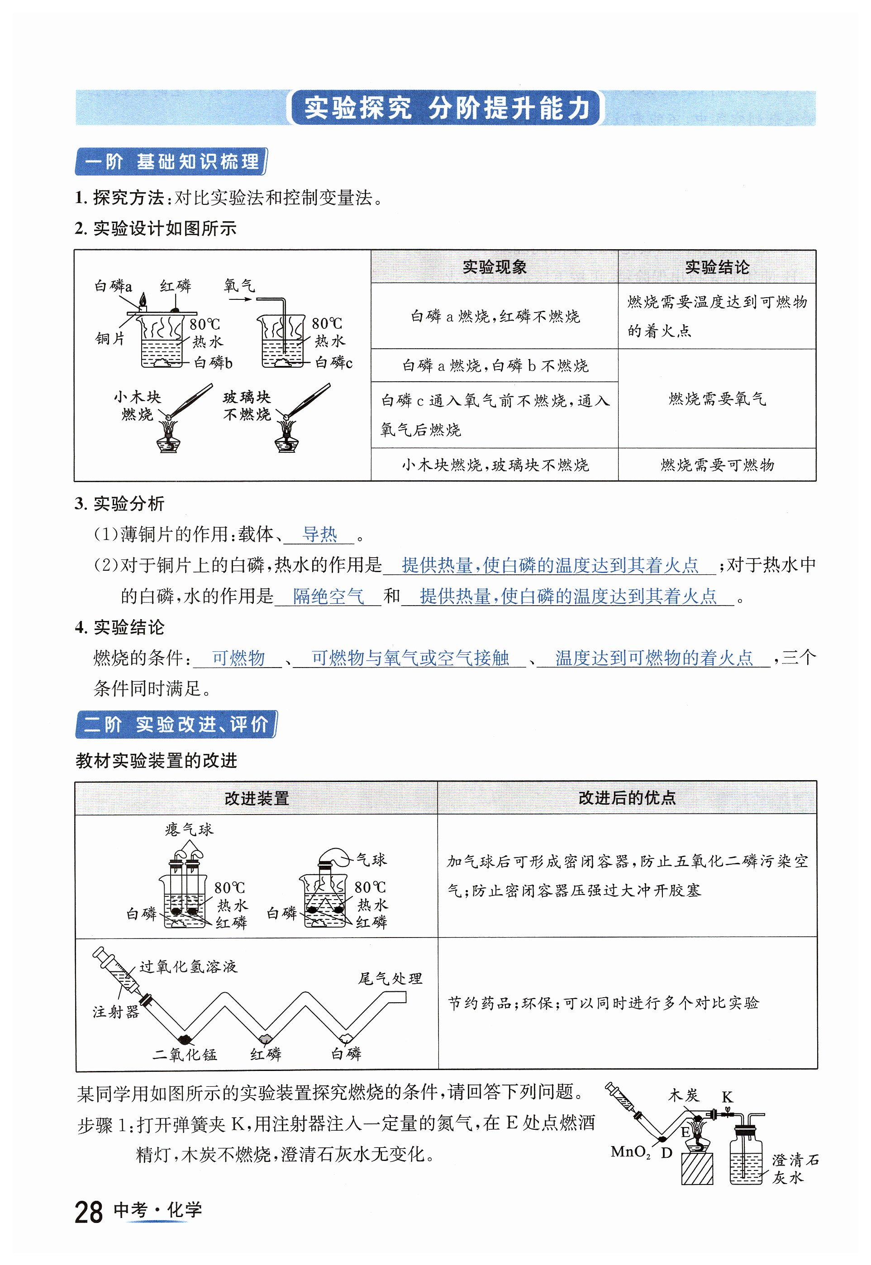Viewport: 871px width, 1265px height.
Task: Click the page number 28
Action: [x=88, y=1212]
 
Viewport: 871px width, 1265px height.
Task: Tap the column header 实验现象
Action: [x=494, y=267]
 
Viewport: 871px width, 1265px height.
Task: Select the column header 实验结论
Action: [x=717, y=267]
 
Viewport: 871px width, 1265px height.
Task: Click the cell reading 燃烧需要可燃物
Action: [x=717, y=465]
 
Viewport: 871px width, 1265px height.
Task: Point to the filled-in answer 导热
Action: [x=319, y=534]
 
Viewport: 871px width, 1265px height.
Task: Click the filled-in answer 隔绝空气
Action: [x=328, y=596]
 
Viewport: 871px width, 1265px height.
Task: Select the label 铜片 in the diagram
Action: [x=109, y=339]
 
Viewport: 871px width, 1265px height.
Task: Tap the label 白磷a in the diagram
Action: [x=113, y=286]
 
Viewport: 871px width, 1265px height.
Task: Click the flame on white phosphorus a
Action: [x=143, y=299]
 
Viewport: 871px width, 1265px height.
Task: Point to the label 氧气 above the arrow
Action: [x=239, y=285]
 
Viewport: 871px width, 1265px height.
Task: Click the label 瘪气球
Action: [x=189, y=830]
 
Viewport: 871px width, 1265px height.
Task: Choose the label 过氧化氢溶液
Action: [x=188, y=967]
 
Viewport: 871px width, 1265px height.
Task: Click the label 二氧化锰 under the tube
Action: [x=185, y=1054]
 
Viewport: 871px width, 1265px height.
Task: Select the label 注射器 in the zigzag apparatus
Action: [x=116, y=1012]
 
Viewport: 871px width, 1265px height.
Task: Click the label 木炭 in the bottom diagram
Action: [x=683, y=1095]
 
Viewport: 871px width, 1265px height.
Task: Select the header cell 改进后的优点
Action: [x=627, y=798]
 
